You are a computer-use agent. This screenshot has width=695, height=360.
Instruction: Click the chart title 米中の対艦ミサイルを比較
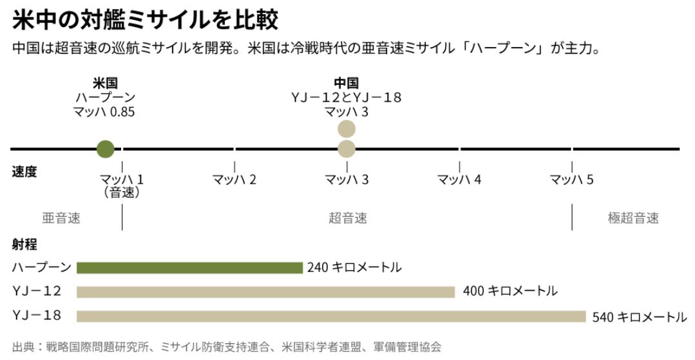click(145, 20)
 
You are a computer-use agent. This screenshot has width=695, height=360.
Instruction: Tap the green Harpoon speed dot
click(105, 149)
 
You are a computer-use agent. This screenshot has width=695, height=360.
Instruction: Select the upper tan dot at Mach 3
click(347, 129)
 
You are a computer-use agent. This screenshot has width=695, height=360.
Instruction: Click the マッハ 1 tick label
click(122, 180)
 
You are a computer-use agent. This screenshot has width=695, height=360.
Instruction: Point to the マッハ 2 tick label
click(234, 180)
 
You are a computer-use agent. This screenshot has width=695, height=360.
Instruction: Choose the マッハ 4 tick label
click(459, 180)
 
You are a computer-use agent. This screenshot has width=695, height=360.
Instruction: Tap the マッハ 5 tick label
click(572, 180)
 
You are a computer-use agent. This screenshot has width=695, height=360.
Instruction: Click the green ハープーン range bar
click(189, 267)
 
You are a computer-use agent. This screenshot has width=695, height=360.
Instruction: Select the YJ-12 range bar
click(265, 292)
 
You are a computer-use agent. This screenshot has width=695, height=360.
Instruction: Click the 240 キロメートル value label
click(354, 267)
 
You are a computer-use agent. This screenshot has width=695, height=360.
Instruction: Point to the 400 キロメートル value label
click(510, 292)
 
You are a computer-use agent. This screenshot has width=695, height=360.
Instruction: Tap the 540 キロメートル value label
click(640, 317)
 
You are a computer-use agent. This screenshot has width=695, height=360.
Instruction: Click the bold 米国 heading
click(105, 83)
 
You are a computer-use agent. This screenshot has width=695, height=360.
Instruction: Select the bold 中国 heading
click(347, 83)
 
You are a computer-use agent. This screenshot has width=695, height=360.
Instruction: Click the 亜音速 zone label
click(61, 218)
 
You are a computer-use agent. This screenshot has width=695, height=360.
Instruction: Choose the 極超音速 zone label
click(633, 218)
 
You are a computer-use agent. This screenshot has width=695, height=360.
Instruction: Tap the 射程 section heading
click(24, 245)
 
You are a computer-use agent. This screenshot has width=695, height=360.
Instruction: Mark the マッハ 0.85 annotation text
click(105, 111)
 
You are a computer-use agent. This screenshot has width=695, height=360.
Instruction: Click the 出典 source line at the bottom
click(227, 347)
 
